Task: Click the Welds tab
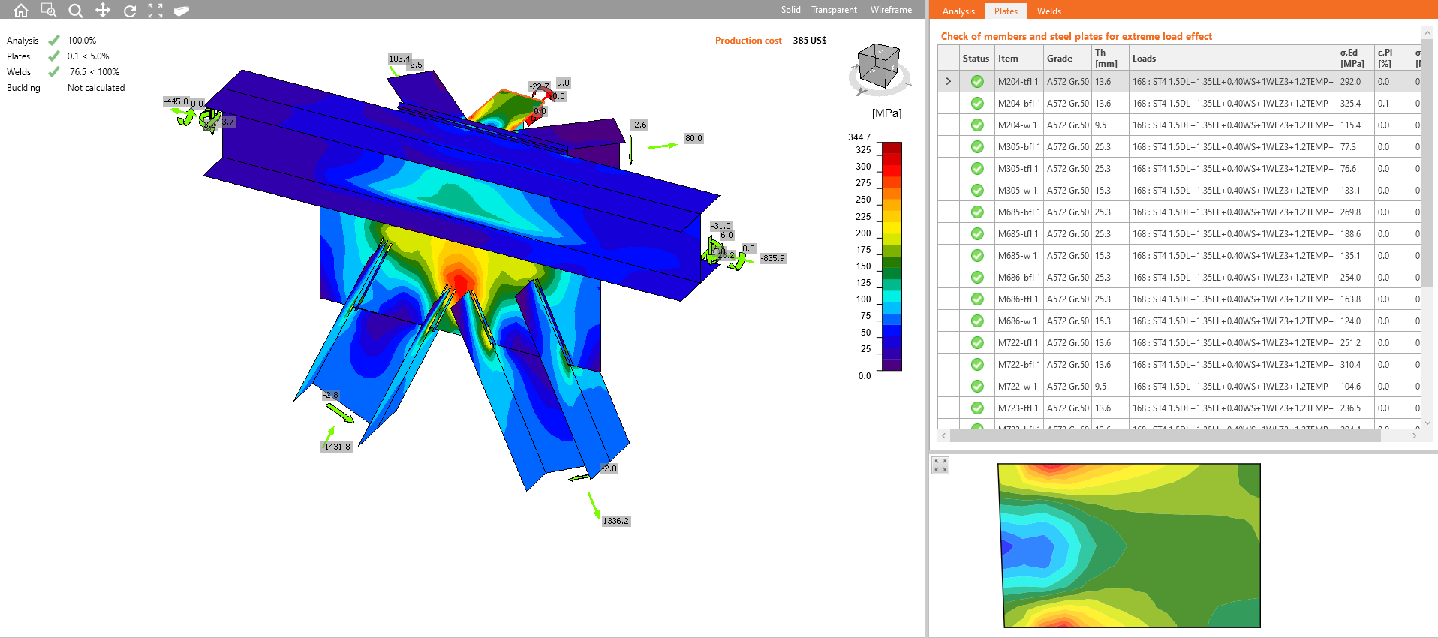click(1048, 11)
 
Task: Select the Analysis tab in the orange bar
click(958, 11)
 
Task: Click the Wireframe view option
click(891, 10)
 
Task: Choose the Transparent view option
click(834, 10)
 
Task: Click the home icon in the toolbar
click(21, 11)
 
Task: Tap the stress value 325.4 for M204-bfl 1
click(1350, 104)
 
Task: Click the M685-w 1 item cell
click(1017, 256)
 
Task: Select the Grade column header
click(1059, 59)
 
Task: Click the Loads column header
click(1144, 59)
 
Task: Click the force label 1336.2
click(615, 521)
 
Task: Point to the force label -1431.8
click(336, 447)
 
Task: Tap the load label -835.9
click(772, 258)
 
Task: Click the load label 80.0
click(693, 138)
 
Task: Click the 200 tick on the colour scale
click(863, 233)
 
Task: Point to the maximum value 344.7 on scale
click(859, 137)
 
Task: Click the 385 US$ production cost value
click(809, 41)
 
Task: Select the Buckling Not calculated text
click(96, 88)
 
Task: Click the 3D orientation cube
click(878, 68)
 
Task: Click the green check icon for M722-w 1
click(976, 387)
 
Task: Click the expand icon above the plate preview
click(940, 465)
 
